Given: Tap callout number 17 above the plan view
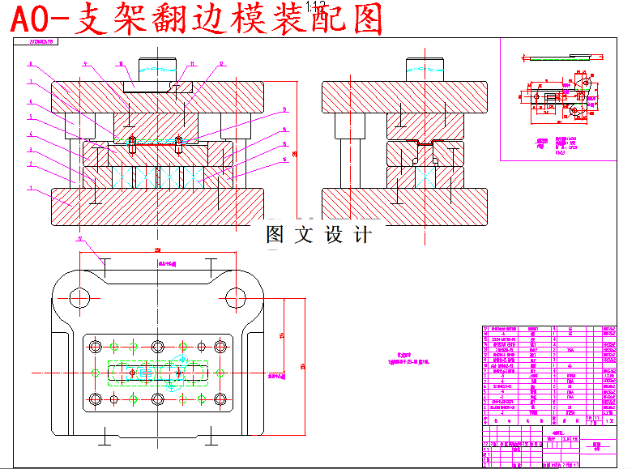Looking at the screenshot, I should (x=80, y=239).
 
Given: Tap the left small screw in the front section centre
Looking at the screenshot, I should (x=132, y=147).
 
